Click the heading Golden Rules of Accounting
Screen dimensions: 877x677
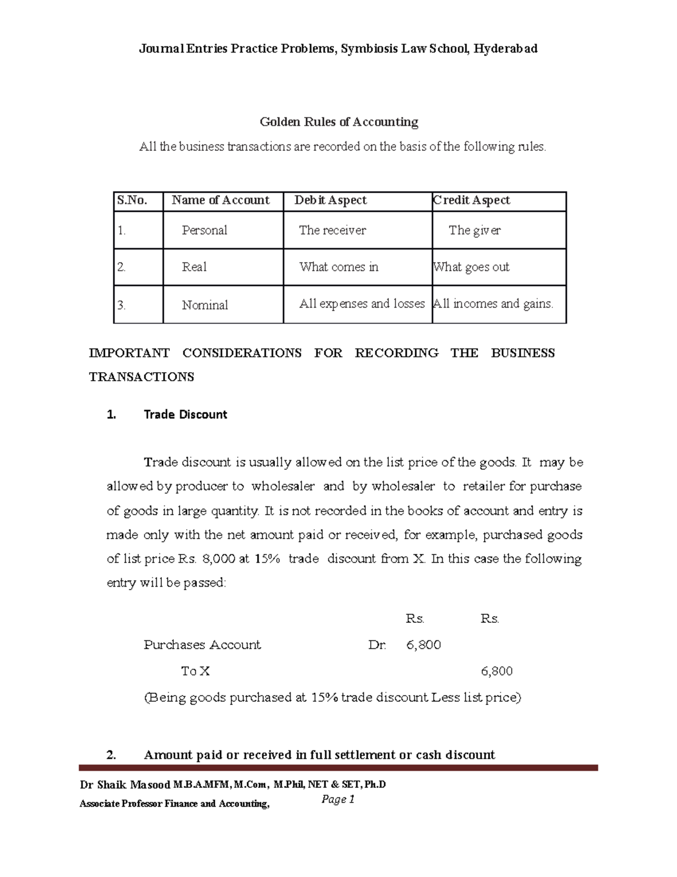(x=338, y=122)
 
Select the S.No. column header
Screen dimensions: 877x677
(x=132, y=200)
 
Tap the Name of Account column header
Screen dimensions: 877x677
(x=221, y=200)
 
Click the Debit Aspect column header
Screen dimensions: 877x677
(x=331, y=200)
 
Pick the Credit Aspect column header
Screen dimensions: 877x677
(x=472, y=200)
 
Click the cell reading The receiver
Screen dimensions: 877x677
(x=332, y=230)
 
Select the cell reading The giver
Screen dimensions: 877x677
(x=474, y=230)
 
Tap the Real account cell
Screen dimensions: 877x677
(x=194, y=267)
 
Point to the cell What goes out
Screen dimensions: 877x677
(x=471, y=267)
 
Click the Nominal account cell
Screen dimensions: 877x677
(x=205, y=306)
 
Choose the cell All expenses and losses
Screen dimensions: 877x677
(x=362, y=304)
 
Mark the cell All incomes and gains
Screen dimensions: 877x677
(x=493, y=304)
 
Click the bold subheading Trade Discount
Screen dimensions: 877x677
(x=185, y=414)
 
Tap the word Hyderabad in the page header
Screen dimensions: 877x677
(x=505, y=49)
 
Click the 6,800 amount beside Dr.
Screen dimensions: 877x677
(x=423, y=645)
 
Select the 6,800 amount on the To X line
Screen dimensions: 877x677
(x=496, y=671)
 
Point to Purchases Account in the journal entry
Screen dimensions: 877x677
(x=202, y=645)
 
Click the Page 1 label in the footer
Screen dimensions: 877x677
(x=338, y=799)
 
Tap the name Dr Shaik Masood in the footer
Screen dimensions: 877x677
(x=125, y=785)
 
